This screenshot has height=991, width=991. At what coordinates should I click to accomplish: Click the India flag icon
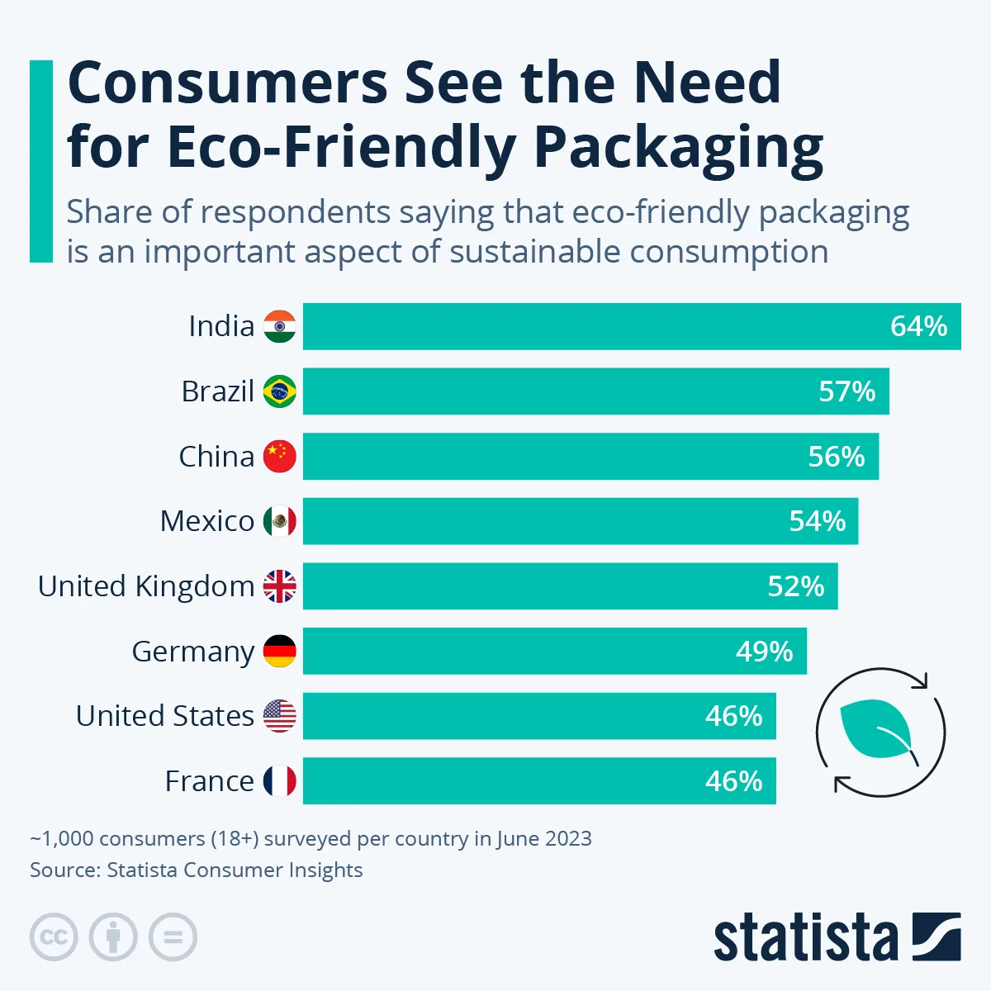279,326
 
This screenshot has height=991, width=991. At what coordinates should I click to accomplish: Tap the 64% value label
918,326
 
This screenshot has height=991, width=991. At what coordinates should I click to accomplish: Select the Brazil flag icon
279,391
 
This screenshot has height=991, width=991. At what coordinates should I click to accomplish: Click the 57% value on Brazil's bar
846,391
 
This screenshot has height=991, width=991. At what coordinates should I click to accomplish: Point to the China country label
216,456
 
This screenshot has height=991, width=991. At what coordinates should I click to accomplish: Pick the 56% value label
836,457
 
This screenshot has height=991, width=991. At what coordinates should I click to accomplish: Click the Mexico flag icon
279,521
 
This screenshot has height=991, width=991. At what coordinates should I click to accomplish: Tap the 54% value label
817,521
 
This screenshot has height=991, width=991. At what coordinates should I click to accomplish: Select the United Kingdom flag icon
279,586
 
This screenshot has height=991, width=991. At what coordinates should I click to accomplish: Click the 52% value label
795,586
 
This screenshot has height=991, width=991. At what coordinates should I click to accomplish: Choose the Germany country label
192,652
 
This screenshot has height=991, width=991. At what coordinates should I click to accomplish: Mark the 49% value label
764,652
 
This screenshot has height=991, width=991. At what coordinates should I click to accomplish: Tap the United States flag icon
279,716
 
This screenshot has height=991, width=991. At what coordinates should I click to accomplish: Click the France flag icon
279,781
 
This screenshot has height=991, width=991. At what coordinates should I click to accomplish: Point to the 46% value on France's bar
733,781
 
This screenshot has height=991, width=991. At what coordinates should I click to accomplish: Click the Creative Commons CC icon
54,937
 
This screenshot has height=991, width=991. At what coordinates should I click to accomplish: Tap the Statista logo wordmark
805,939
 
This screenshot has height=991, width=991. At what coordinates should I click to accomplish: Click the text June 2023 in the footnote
544,838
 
